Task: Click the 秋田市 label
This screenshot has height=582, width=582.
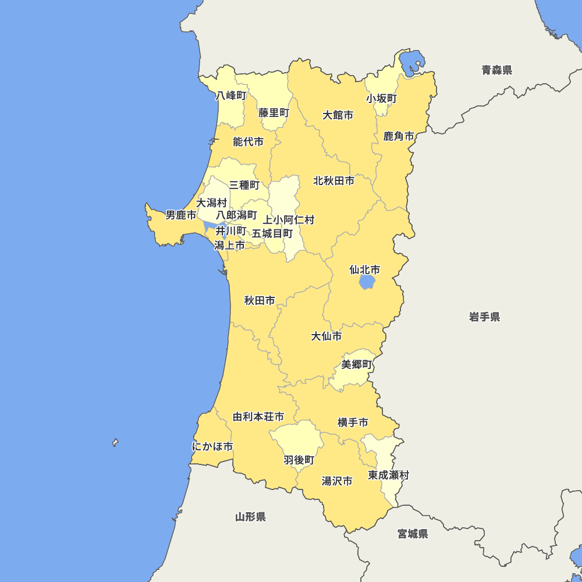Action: (260, 301)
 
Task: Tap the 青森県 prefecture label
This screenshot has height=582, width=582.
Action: (496, 70)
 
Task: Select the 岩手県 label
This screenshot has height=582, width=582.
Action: (484, 317)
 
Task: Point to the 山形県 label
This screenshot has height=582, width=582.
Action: (250, 517)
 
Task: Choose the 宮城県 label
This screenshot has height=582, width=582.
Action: (413, 534)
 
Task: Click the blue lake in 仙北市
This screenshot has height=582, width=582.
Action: (367, 282)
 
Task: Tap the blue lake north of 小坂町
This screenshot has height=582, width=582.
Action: (412, 62)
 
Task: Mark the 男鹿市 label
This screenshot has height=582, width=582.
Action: (180, 215)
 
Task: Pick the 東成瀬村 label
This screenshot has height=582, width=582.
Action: (388, 475)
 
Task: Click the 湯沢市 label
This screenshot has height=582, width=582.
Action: (337, 481)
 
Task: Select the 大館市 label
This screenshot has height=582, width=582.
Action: (338, 115)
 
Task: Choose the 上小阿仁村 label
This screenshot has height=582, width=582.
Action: (288, 220)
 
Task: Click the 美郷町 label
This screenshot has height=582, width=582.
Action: (356, 365)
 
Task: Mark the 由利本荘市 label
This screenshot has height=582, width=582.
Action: (258, 417)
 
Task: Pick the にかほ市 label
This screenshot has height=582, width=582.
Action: (212, 447)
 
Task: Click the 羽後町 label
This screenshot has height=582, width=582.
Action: (299, 460)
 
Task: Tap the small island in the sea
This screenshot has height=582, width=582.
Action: (115, 443)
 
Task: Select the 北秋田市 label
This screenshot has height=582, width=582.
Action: (333, 181)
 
